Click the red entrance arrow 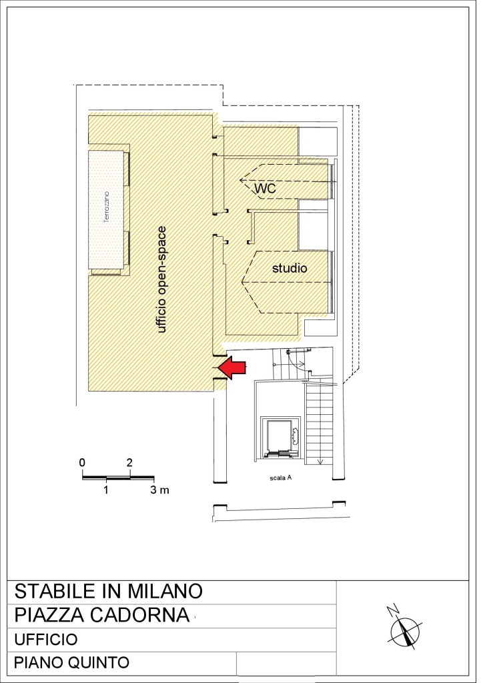[x=231, y=368]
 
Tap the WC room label [x=265, y=188]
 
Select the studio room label [x=290, y=268]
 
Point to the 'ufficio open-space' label [x=161, y=279]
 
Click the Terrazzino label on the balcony [x=107, y=207]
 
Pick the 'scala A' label [x=280, y=478]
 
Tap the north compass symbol [x=406, y=630]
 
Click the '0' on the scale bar [x=82, y=463]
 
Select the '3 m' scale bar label [x=160, y=490]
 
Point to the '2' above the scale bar [x=129, y=463]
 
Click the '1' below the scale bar [x=106, y=490]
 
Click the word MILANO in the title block [x=165, y=591]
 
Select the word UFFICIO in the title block [x=46, y=640]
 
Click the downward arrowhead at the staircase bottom [x=321, y=462]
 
